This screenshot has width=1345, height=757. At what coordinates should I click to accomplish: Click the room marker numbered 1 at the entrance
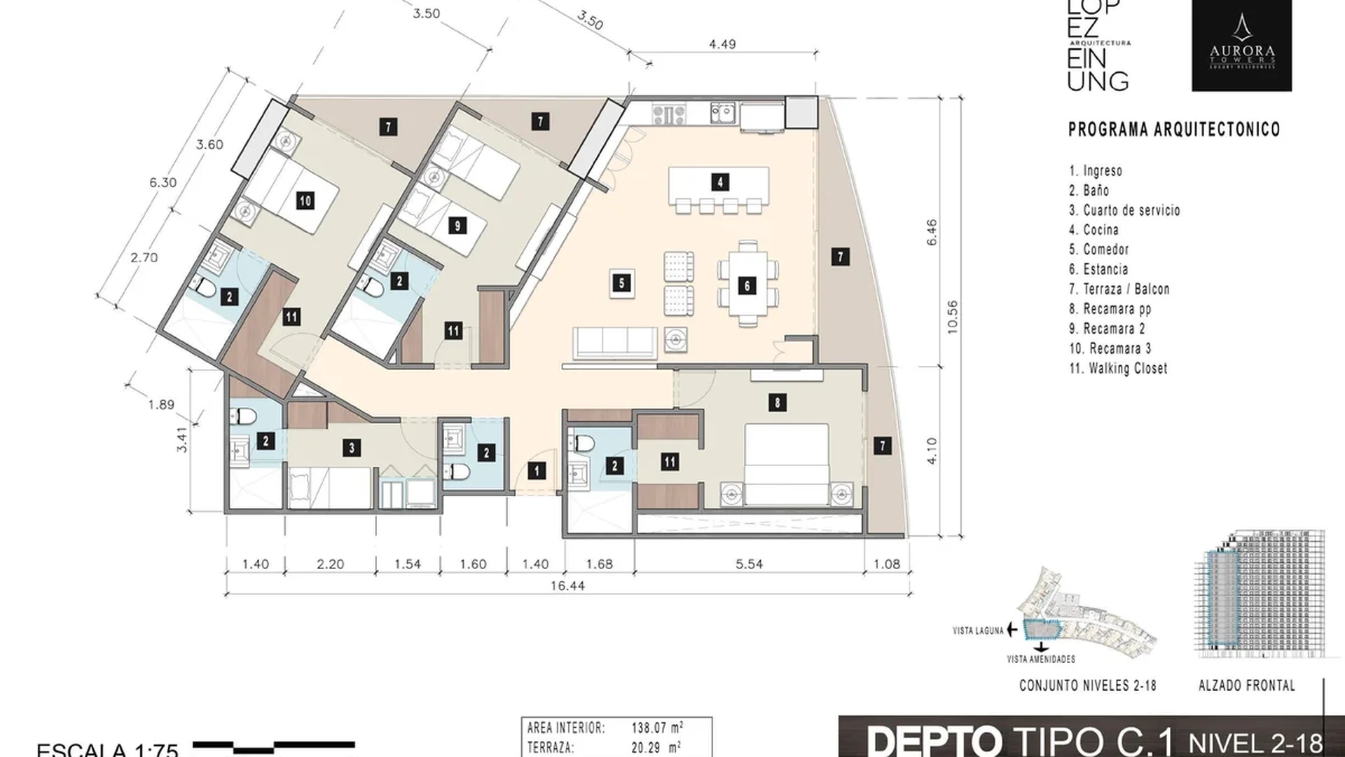537,471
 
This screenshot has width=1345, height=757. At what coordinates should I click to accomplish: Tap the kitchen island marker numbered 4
720,182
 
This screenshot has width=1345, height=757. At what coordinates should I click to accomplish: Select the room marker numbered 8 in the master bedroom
776,402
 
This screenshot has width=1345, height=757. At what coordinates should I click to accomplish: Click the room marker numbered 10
305,201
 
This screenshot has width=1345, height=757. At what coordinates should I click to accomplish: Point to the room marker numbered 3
352,448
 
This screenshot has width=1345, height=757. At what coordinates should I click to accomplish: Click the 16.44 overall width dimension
567,585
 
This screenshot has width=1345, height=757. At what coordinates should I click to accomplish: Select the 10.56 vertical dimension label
952,317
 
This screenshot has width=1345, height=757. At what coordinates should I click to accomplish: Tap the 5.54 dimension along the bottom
749,564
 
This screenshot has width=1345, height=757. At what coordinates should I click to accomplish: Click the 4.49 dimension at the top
722,44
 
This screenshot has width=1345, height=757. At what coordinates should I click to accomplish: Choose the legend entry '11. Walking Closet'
1118,368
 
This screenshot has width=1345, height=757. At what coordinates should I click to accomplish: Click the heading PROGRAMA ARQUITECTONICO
1173,130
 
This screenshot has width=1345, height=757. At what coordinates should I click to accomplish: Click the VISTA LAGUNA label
978,631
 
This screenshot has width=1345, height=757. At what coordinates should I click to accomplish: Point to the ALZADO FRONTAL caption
1246,686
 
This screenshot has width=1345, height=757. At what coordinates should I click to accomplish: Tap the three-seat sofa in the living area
615,343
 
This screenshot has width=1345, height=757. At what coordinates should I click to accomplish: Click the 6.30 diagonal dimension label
163,182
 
